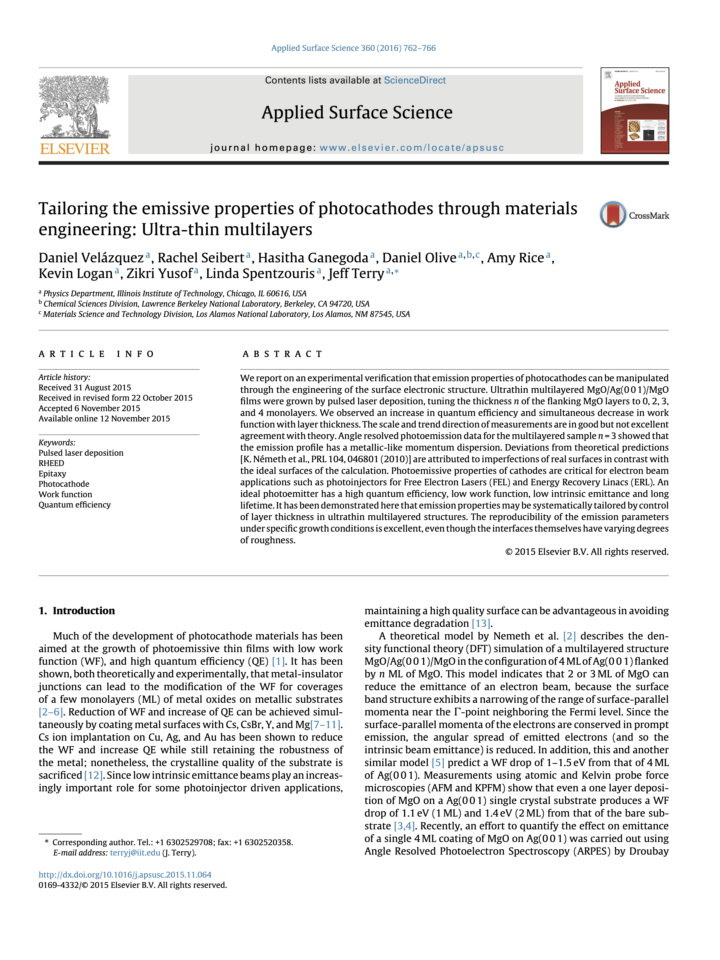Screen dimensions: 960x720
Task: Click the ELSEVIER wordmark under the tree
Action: pos(75,149)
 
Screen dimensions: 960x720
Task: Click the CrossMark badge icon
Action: pos(613,214)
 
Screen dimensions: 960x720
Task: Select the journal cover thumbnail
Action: pos(634,111)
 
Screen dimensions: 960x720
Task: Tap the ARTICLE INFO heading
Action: pos(96,354)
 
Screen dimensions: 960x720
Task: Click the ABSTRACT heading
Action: pos(282,354)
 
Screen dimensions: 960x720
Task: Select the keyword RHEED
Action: pos(51,463)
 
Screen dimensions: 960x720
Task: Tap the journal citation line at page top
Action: pos(353,48)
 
